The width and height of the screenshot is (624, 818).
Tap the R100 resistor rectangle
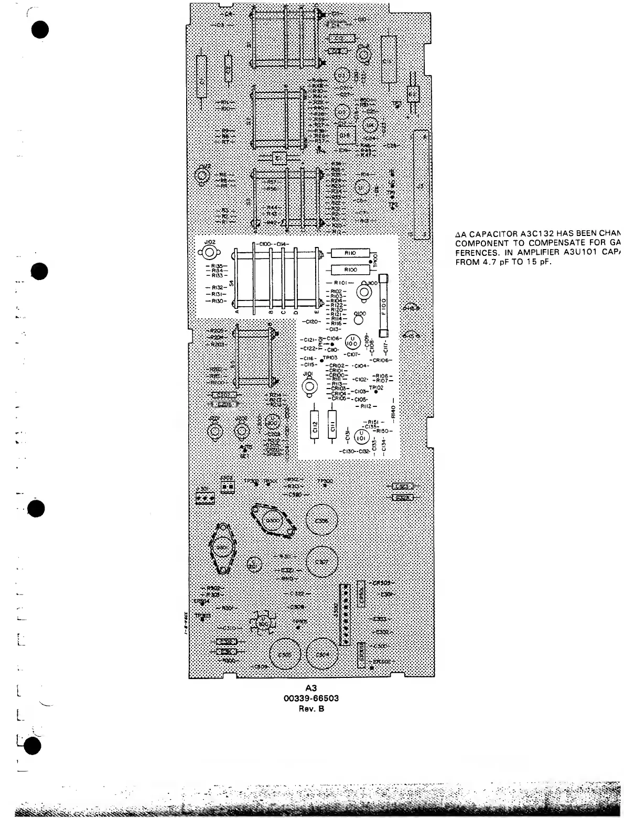click(350, 270)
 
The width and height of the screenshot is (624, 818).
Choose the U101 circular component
click(361, 436)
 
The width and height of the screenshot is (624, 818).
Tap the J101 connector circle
click(308, 385)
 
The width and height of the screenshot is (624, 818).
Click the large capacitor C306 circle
click(322, 521)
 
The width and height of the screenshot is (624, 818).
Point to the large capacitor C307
click(322, 562)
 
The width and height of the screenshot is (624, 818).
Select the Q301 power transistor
click(221, 548)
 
